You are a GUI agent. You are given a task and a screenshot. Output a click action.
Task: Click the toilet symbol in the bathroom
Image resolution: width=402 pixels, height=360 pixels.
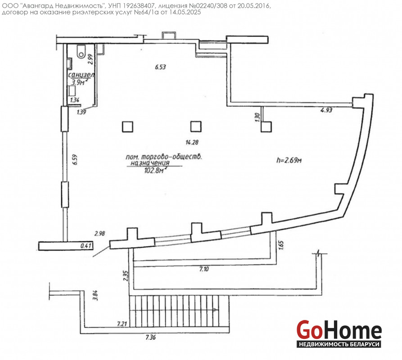81,51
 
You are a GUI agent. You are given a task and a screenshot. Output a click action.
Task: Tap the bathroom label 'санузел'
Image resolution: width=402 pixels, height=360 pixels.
81,75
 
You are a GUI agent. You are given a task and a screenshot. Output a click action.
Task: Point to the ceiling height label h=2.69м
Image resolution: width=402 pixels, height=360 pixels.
289,160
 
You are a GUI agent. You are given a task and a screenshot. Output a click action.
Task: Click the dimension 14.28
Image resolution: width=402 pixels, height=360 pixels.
192,142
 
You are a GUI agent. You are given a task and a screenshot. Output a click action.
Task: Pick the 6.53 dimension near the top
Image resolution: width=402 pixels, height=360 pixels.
161,67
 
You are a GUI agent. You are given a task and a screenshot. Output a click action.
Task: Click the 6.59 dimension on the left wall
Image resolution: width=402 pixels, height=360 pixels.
75,159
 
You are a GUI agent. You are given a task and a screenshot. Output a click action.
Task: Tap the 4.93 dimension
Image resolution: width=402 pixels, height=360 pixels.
326,110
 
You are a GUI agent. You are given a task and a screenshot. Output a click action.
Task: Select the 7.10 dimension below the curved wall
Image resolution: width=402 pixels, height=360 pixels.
204,269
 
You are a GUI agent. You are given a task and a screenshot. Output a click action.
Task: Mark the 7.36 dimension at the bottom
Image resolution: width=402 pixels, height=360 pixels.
151,337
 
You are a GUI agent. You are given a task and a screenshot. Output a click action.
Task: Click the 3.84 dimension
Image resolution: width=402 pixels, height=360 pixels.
95,295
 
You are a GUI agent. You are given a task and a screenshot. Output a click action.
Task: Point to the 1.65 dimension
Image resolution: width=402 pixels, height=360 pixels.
281,245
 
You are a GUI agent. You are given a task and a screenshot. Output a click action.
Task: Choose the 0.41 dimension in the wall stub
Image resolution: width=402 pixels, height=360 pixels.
86,246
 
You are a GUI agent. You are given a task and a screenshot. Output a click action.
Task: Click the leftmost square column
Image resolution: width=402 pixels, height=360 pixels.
128,126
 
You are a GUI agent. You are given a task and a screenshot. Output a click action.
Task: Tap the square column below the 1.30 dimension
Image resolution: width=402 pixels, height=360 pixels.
266,126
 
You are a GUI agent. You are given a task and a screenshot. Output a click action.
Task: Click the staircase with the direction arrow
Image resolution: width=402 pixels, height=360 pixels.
179,311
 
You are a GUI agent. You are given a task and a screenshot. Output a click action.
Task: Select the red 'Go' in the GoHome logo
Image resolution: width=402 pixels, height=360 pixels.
309,330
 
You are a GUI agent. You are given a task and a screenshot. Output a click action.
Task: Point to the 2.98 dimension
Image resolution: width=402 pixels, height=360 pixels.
100,234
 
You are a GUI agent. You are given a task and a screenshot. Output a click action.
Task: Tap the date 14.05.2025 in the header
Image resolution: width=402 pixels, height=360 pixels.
185,12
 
